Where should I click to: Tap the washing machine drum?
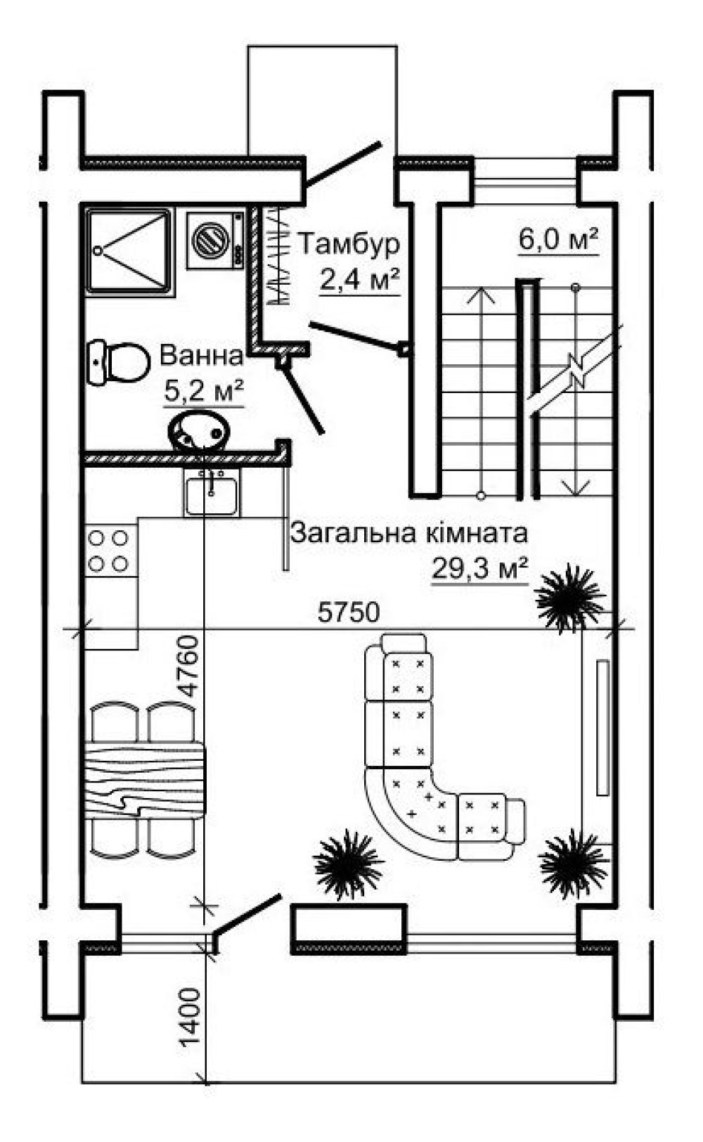pyautogui.click(x=209, y=238)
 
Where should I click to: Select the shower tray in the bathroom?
pyautogui.click(x=128, y=250)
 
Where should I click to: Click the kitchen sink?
pyautogui.click(x=212, y=492)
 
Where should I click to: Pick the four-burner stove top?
pyautogui.click(x=110, y=551)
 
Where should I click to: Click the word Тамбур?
pyautogui.click(x=349, y=245)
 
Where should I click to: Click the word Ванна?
pyautogui.click(x=201, y=356)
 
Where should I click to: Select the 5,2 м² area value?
pyautogui.click(x=203, y=390)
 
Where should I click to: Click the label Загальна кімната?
pyautogui.click(x=408, y=533)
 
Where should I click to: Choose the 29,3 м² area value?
pyautogui.click(x=479, y=568)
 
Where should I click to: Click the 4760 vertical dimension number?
pyautogui.click(x=186, y=665)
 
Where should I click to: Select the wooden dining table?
pyautogui.click(x=143, y=780)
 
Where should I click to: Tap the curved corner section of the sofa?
pyautogui.click(x=408, y=809)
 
